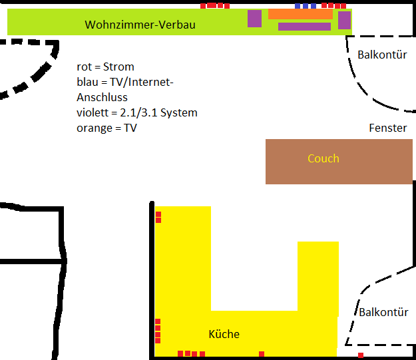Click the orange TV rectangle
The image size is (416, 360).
click(x=300, y=14)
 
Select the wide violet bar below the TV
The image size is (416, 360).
click(x=304, y=27)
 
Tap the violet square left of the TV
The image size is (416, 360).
click(x=254, y=19)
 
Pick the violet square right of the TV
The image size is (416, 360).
click(x=344, y=21)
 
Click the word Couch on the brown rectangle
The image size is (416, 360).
click(x=323, y=158)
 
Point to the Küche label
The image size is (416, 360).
click(x=224, y=334)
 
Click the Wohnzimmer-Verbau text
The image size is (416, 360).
click(x=140, y=25)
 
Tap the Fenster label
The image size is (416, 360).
click(x=387, y=128)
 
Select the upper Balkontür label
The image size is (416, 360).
click(x=382, y=55)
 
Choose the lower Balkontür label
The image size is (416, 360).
click(x=384, y=312)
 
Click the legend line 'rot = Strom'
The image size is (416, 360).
click(x=105, y=67)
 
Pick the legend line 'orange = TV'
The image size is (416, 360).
click(x=106, y=128)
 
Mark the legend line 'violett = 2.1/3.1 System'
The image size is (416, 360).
click(x=137, y=112)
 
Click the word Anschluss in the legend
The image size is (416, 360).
click(x=102, y=97)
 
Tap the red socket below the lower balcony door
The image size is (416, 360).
click(x=360, y=355)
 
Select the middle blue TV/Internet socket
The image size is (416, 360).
click(x=306, y=6)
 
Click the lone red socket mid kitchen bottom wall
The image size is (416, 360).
click(x=262, y=354)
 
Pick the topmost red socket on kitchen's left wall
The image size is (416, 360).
click(x=158, y=214)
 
